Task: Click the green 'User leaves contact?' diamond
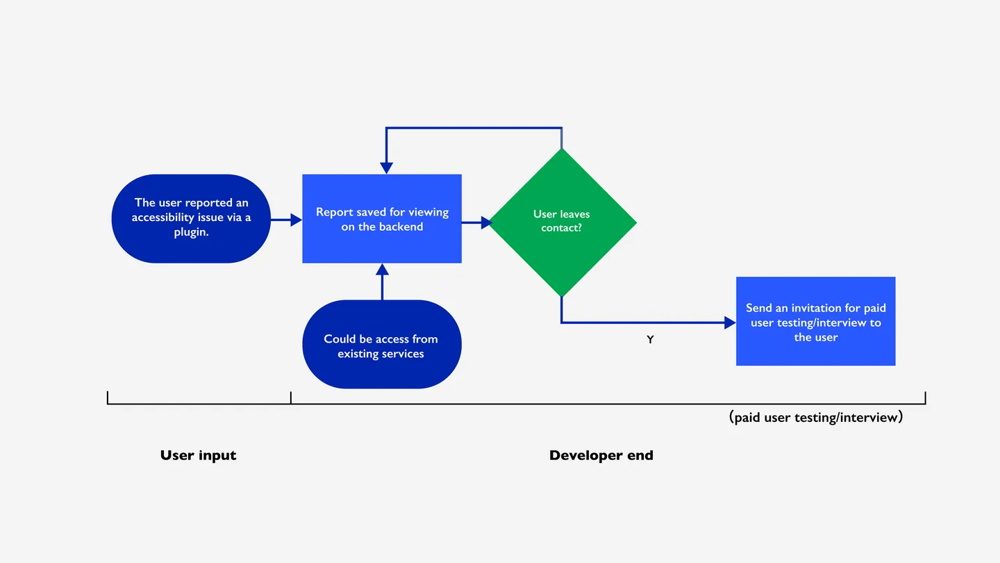tap(562, 222)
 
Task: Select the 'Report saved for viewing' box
tap(382, 219)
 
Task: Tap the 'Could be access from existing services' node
tap(382, 345)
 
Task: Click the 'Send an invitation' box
tap(815, 321)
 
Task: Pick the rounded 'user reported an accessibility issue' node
tap(191, 218)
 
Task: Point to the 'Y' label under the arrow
tap(650, 341)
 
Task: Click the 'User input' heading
tap(199, 456)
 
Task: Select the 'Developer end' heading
tap(601, 456)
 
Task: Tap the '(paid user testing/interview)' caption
tap(816, 418)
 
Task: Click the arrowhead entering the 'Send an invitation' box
tap(730, 323)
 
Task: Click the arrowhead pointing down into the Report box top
tap(386, 168)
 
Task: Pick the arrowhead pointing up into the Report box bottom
tap(382, 269)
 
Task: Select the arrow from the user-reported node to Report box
tap(285, 220)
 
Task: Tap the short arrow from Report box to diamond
tap(476, 222)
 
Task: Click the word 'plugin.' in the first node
tap(191, 233)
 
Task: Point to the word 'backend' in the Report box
tap(401, 227)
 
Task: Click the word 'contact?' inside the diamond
tap(561, 228)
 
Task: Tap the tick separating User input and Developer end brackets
tap(291, 398)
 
